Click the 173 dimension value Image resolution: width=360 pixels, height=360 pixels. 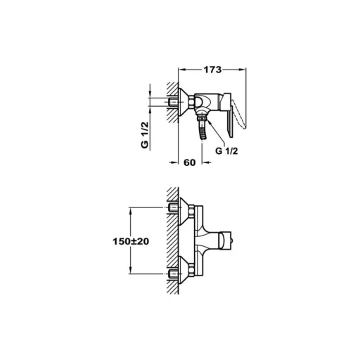pos(212,70)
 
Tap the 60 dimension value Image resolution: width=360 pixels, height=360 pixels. pos(189,162)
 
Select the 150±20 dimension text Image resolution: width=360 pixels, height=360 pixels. pos(131,241)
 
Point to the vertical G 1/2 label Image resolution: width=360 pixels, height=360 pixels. pos(145,135)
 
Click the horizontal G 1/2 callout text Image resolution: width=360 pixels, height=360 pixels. pos(226,151)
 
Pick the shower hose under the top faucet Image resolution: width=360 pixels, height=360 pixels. pos(203,130)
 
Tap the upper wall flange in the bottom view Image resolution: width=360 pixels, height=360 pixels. pos(186,210)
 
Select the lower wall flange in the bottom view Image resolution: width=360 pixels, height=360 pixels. pos(186,270)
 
